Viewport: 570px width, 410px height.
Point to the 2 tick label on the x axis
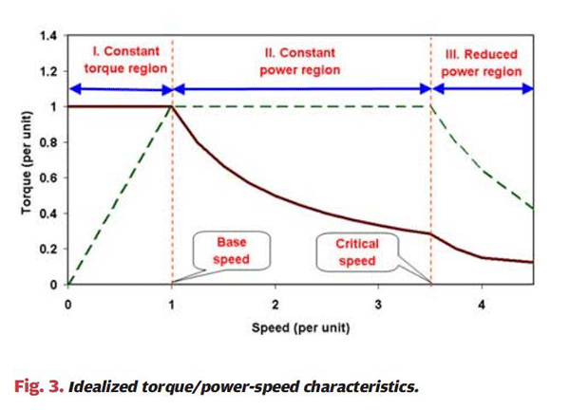coord(275,305)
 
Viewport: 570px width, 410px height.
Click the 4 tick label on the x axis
coord(483,305)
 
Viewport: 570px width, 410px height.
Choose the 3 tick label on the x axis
coord(379,305)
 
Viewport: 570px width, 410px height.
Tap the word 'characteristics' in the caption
coord(367,386)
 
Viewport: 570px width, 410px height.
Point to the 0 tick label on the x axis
coord(68,305)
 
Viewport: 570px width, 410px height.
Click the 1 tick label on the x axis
coord(172,305)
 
